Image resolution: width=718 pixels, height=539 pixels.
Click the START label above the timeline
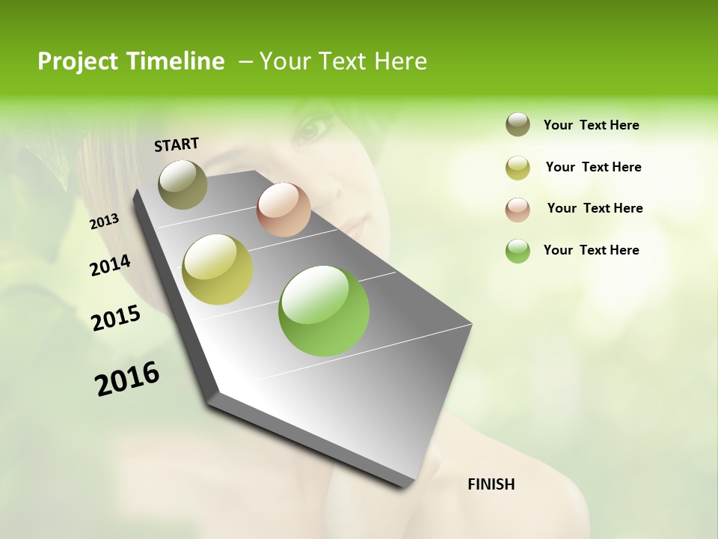177,144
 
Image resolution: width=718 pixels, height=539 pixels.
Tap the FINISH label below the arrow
491,484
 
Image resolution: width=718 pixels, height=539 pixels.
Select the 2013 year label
105,221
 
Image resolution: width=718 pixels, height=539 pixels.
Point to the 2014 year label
110,265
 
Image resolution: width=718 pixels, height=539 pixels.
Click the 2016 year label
127,379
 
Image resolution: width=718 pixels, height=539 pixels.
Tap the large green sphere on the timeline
324,311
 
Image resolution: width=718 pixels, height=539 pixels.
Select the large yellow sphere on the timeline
218,269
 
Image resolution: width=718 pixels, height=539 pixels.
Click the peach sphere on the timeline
283,210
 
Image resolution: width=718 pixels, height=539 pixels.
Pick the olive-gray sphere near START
183,184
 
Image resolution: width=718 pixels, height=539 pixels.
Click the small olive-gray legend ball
518,125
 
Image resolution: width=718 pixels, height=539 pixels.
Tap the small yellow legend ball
518,168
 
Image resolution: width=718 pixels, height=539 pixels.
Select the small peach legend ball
518,210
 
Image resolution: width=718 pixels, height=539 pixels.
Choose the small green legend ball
518,251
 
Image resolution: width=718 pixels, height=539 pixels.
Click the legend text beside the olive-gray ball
591,126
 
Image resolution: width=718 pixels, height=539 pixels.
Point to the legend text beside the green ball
591,250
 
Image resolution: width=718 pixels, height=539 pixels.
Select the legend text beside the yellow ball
593,167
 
